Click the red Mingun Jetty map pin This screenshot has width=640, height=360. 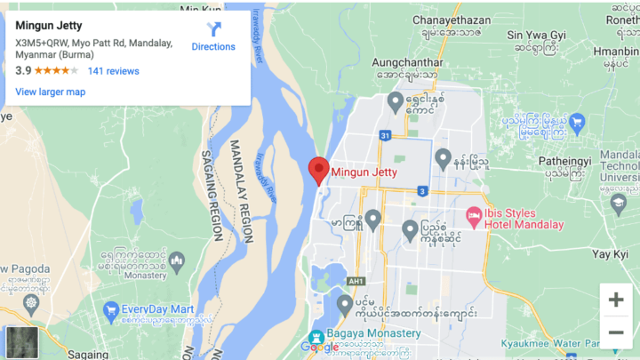[x=318, y=168]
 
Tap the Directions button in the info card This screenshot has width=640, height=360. [x=213, y=36]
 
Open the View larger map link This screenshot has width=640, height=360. [x=50, y=92]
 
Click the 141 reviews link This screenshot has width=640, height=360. [x=113, y=70]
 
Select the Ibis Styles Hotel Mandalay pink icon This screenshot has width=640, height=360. [x=474, y=217]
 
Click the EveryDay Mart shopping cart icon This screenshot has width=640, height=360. [x=111, y=309]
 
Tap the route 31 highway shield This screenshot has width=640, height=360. [x=384, y=136]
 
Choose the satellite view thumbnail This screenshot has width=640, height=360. [x=21, y=341]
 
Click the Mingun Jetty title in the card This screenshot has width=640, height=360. [x=49, y=25]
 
